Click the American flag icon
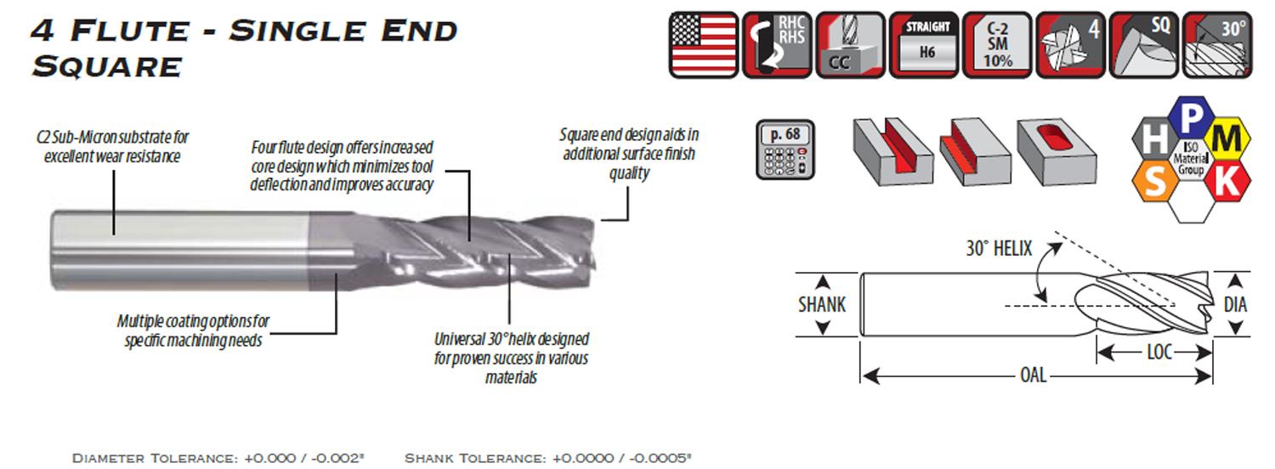(704, 45)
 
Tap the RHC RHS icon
(777, 45)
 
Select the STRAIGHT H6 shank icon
(924, 45)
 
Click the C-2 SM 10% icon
(997, 45)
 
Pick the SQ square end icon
(1144, 45)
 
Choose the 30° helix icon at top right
(1217, 45)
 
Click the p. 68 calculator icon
(785, 150)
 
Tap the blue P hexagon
(1192, 117)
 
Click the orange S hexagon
(1155, 181)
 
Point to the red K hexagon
(1227, 182)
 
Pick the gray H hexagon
(1154, 138)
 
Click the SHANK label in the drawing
(822, 305)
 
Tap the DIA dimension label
(1235, 304)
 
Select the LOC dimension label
(1159, 353)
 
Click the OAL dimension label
(1033, 375)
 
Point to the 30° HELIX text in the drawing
(999, 249)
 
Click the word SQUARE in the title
(107, 67)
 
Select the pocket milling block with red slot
(1057, 152)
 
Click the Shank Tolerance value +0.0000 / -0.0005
(621, 458)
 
